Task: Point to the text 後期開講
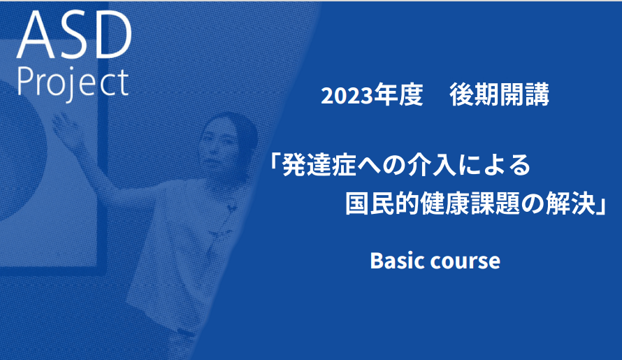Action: click(x=499, y=95)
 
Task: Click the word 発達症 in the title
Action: click(x=319, y=165)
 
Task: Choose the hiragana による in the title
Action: click(x=493, y=165)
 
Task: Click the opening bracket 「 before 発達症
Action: click(x=275, y=161)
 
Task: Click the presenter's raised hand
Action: click(x=66, y=128)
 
